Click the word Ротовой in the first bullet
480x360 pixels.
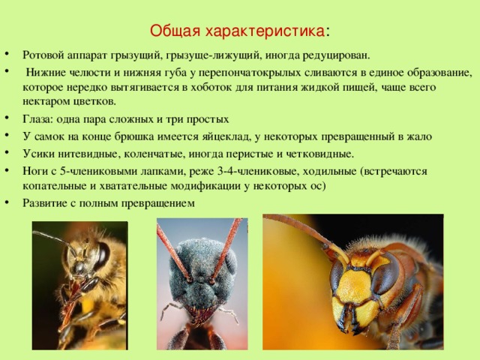(x=43, y=55)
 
